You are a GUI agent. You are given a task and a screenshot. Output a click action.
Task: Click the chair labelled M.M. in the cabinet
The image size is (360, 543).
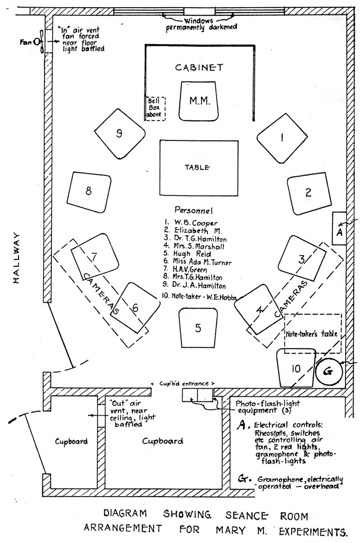pyautogui.click(x=198, y=101)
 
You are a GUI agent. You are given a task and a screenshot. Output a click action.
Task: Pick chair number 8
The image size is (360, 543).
pyautogui.click(x=89, y=191)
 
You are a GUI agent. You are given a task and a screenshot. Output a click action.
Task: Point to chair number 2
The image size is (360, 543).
pyautogui.click(x=308, y=193)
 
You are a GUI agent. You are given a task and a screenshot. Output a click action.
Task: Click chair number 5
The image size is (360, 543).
pyautogui.click(x=198, y=328)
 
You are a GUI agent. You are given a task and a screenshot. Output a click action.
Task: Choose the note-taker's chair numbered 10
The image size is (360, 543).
pyautogui.click(x=295, y=368)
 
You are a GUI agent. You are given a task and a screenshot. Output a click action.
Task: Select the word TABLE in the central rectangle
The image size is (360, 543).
pyautogui.click(x=198, y=168)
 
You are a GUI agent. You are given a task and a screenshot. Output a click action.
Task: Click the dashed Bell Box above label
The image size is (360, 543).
pyautogui.click(x=155, y=108)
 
